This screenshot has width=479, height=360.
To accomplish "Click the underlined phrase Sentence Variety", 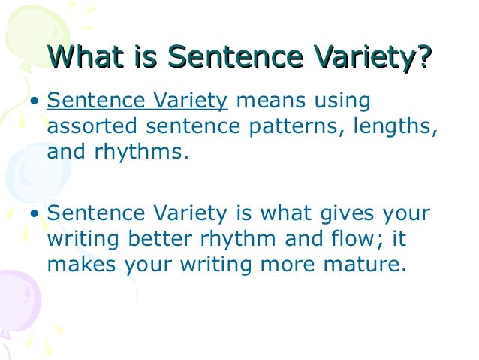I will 137,101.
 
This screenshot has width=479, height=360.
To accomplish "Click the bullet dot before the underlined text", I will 36,102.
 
